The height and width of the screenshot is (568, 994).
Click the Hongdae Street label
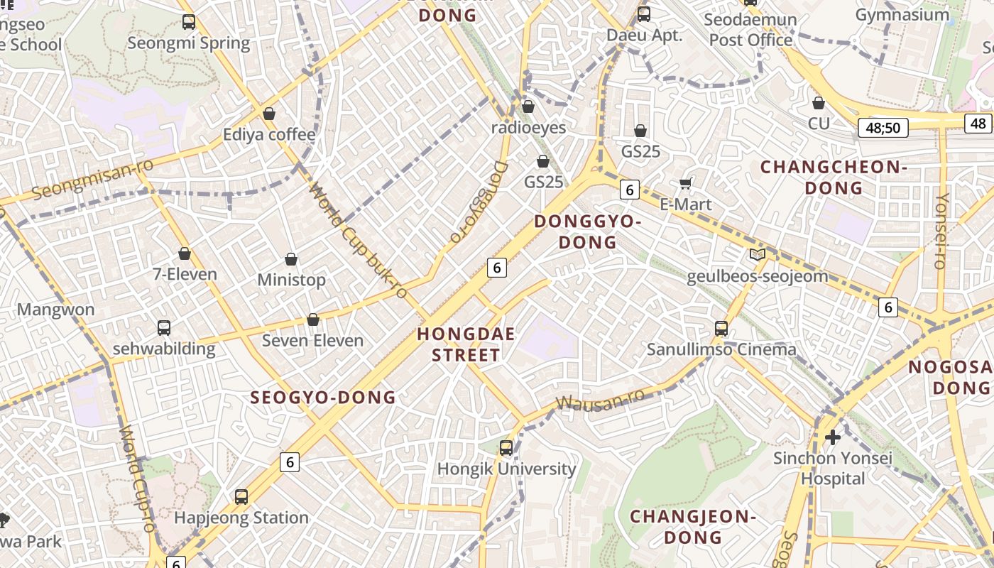[466, 344]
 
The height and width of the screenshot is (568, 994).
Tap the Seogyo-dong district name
[323, 398]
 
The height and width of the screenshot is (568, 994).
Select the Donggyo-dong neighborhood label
[587, 231]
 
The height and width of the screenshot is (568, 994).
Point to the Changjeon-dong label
[692, 526]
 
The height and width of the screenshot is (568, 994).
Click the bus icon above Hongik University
[506, 448]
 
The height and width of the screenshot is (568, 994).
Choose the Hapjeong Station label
[241, 518]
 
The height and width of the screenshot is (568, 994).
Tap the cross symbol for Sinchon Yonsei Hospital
[833, 437]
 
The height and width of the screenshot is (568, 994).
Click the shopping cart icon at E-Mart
[685, 184]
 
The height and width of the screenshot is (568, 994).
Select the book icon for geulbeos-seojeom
[758, 255]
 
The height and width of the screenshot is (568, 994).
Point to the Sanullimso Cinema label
[721, 349]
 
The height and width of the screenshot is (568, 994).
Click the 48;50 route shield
[883, 128]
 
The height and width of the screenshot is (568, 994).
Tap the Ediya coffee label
[269, 135]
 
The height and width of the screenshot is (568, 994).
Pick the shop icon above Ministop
[290, 259]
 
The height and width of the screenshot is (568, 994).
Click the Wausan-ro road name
[600, 400]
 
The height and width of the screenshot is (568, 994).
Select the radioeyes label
[529, 128]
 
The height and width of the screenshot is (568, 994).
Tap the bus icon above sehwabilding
[164, 328]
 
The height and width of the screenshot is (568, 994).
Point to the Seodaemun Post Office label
[750, 30]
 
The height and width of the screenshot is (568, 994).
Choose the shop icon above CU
[819, 103]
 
